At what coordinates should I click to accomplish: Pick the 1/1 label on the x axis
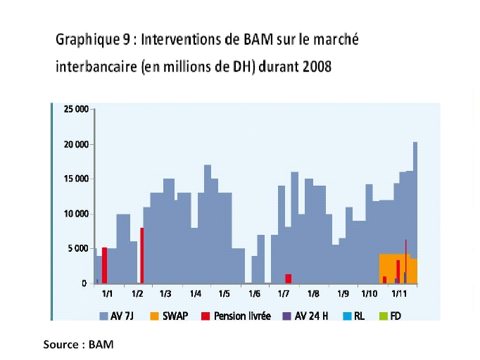point(108,294)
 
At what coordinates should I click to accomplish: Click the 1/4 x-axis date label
point(194,294)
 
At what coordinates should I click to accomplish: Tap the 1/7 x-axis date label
point(284,294)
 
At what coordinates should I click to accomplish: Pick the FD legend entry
point(395,316)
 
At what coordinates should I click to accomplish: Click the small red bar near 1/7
point(288,278)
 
